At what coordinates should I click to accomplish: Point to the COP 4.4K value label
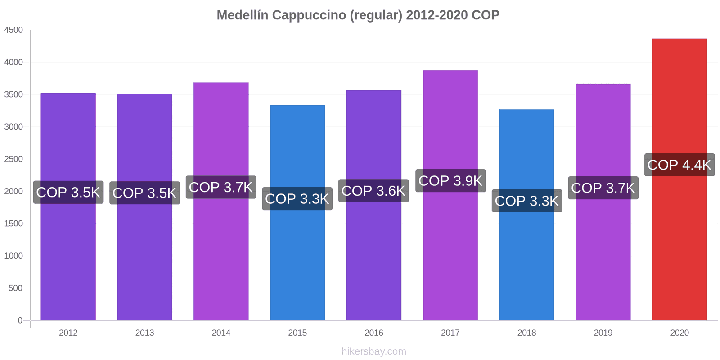679,165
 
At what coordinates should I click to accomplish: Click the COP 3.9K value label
450,181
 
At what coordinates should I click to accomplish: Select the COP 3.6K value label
373,191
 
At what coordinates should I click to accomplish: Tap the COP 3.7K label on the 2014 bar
221,187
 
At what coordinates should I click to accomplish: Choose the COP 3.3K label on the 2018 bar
526,201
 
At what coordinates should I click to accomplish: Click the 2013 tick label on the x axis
144,333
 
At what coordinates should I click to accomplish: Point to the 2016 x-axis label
373,333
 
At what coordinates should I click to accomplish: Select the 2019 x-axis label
603,333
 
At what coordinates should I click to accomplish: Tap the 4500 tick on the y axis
13,30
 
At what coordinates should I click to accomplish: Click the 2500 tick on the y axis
13,159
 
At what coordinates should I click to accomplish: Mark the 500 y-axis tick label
15,288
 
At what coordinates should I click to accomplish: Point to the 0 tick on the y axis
20,320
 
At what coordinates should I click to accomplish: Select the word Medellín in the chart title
243,15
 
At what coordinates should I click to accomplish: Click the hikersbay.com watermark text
373,351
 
